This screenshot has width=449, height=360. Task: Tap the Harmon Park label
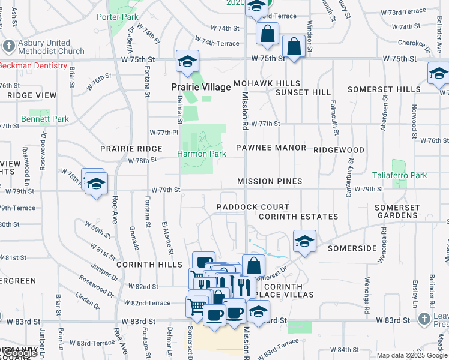click(x=201, y=154)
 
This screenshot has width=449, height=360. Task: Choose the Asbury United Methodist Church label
click(x=47, y=47)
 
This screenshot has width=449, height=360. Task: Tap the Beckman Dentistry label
click(x=33, y=65)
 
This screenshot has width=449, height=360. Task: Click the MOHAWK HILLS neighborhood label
click(x=267, y=83)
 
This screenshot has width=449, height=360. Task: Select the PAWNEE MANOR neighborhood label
click(x=271, y=148)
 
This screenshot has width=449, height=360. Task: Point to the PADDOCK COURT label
click(x=253, y=207)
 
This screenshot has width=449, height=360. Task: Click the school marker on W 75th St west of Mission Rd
click(x=187, y=62)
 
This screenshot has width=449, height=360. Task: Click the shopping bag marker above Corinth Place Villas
click(x=254, y=265)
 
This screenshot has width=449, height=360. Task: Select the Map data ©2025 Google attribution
click(x=412, y=355)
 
